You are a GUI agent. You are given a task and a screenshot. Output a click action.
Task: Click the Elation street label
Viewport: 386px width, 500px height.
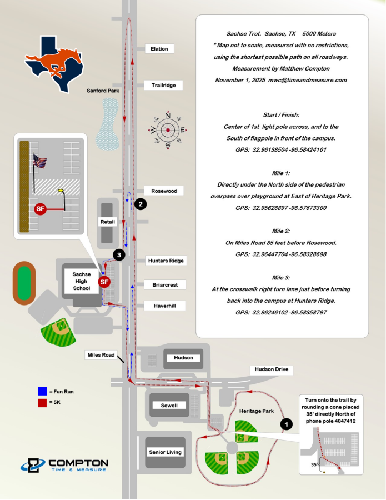coord(159,49)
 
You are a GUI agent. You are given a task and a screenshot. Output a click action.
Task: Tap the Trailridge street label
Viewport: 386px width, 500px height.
coord(164,85)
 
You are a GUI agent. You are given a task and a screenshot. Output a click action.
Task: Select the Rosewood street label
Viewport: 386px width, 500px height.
coord(164,191)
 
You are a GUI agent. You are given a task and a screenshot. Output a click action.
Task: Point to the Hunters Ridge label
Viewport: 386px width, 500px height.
coord(166,261)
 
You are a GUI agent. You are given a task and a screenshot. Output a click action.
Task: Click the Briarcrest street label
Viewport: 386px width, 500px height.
coord(165,284)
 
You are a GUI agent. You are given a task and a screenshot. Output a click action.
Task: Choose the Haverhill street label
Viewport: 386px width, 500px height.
coord(164,306)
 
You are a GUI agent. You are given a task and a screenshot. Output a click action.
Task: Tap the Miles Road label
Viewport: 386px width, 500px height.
coord(101,354)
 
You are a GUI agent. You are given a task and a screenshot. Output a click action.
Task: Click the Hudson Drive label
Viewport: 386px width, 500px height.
coord(272,369)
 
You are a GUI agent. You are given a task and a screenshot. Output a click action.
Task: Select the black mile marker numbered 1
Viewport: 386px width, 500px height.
coord(285,423)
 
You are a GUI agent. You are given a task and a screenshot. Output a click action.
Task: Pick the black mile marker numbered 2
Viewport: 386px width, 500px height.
coord(141,204)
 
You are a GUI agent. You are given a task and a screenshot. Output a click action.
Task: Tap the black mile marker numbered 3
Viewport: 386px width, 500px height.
coord(118,254)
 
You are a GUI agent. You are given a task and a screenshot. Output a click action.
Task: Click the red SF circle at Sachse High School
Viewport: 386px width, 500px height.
coord(104,282)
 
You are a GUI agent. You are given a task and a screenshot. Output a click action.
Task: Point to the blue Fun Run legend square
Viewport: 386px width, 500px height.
coord(42,392)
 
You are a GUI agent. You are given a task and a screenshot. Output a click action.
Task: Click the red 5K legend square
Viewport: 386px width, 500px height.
coord(42,402)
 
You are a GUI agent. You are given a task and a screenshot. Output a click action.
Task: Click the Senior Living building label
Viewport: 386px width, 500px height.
coord(165,452)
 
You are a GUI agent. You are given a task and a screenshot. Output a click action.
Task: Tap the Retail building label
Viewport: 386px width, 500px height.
coord(107,222)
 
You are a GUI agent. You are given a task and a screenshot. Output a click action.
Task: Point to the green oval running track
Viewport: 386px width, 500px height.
coord(23,282)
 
